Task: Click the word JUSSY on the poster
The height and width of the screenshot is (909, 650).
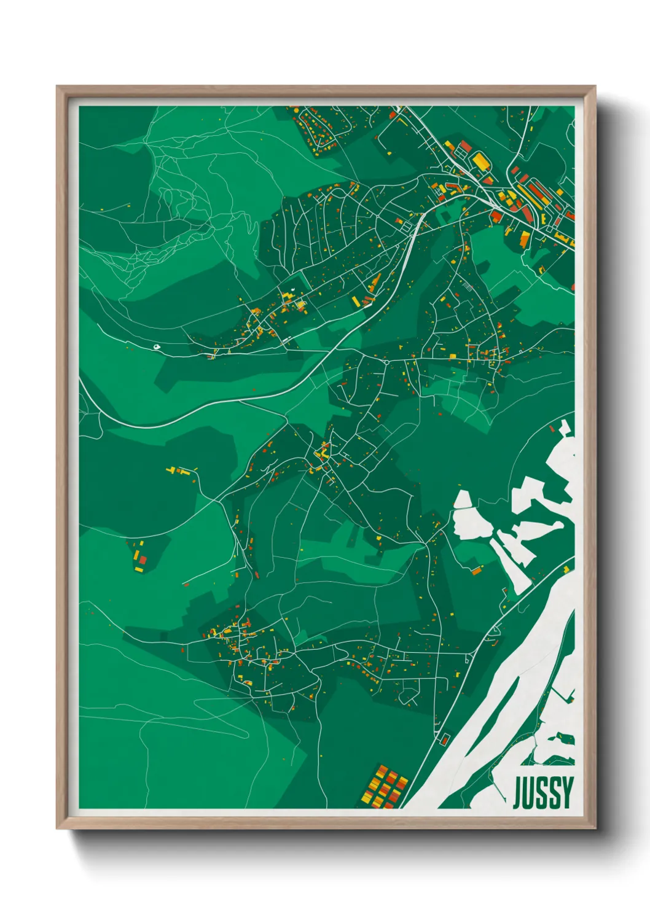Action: click(543, 792)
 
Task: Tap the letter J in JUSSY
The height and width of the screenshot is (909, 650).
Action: click(518, 792)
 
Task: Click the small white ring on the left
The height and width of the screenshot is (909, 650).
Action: click(158, 347)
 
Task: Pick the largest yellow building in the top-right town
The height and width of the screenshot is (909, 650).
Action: click(479, 161)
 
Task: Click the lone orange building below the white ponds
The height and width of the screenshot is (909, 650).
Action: click(476, 571)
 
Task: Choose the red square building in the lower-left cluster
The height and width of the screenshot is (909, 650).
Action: click(143, 559)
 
